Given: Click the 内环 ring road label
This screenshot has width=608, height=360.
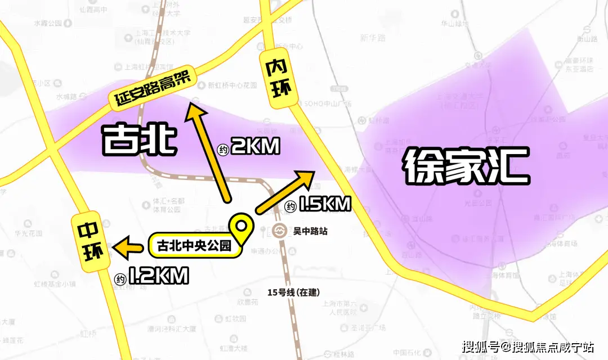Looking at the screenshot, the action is click(279, 77).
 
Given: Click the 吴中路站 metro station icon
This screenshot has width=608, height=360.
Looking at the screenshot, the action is click(279, 231).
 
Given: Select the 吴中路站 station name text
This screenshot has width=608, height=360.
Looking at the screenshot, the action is click(310, 231).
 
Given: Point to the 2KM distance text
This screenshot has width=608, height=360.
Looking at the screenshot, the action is click(255, 147).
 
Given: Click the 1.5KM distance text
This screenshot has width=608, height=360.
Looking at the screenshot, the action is click(325, 204).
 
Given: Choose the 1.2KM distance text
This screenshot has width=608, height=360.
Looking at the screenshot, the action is click(158, 276).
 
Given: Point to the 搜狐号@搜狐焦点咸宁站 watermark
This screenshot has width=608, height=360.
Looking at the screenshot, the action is click(528, 346).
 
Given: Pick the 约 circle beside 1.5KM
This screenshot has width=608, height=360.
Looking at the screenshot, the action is click(290, 206).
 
